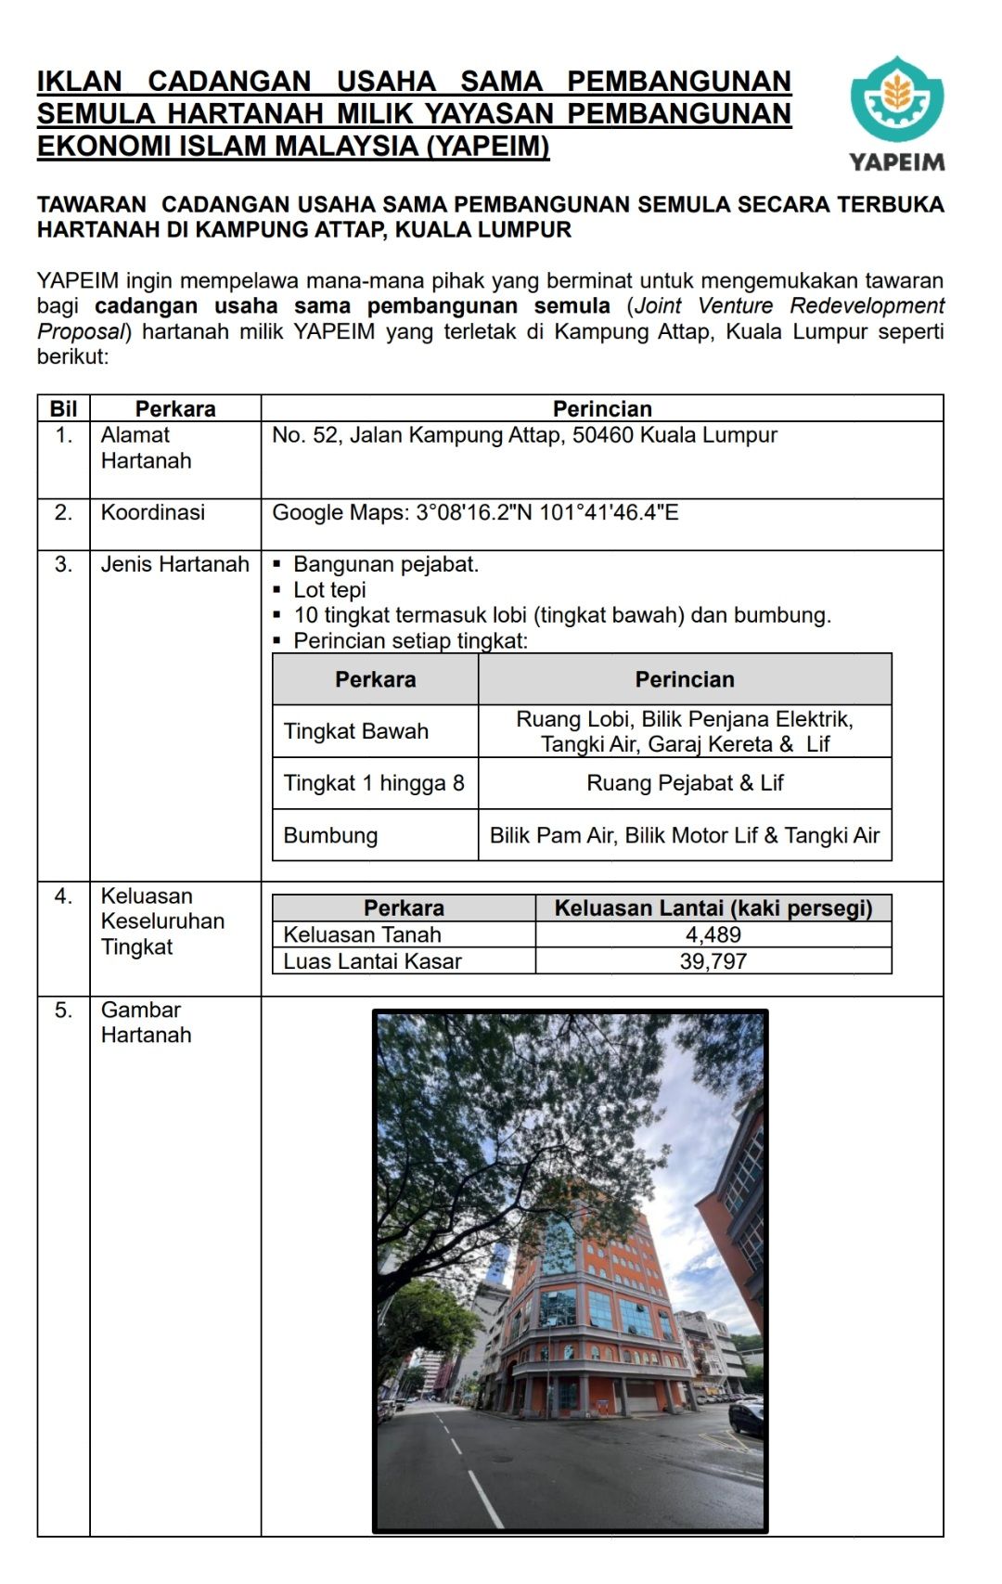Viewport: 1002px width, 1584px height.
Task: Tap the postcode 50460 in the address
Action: [603, 435]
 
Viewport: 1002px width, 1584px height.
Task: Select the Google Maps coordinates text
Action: [475, 512]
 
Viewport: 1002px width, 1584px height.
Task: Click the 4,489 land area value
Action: [713, 934]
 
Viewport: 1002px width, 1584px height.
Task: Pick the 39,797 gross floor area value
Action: [713, 961]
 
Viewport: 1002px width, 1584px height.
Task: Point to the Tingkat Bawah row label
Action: [356, 731]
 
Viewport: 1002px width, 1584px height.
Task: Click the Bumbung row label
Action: [330, 835]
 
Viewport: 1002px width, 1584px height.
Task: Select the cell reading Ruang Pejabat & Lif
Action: [685, 783]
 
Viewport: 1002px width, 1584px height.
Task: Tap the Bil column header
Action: [63, 409]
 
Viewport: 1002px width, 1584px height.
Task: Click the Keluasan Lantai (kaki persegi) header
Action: [713, 908]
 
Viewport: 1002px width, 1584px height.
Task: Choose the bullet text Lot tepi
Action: [329, 590]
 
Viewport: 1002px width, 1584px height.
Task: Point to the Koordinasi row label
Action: [153, 512]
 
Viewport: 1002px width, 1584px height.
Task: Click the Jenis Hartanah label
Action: [174, 564]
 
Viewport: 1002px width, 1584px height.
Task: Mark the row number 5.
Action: [63, 1010]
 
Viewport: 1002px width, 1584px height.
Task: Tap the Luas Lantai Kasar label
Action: [372, 961]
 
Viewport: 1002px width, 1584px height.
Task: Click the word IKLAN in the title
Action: [80, 82]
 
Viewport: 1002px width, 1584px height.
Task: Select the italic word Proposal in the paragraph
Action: [80, 331]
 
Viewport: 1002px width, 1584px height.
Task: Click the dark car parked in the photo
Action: [747, 1418]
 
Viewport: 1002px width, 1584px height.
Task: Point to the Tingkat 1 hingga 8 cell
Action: [374, 783]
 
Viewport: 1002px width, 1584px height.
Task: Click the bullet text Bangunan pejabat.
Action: [386, 564]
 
